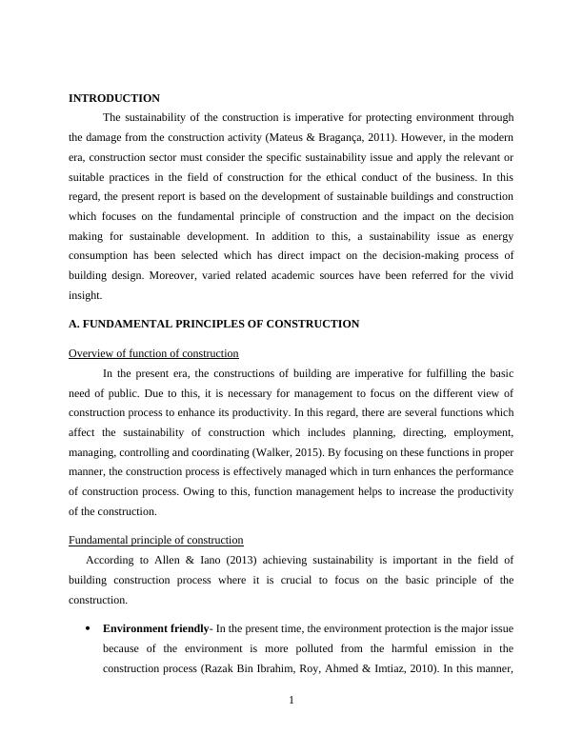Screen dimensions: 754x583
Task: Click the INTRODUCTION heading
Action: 114,98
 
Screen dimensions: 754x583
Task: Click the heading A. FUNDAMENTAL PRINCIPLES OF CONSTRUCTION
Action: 214,324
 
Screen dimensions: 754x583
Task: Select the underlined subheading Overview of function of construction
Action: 153,353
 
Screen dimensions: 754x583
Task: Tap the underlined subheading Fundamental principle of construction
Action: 156,540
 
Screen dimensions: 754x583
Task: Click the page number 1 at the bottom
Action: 291,702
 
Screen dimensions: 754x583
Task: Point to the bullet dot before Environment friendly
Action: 88,629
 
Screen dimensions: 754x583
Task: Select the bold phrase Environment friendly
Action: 155,628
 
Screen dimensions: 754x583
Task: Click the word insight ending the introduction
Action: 86,295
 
